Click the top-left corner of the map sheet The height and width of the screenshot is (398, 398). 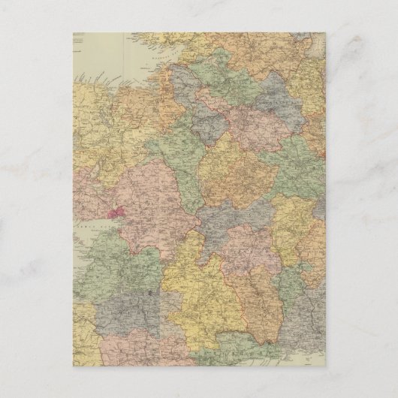point(74,33)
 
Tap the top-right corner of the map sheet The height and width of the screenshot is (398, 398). point(325,33)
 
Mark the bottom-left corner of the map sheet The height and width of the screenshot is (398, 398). point(74,366)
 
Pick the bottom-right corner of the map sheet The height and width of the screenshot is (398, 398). point(325,366)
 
